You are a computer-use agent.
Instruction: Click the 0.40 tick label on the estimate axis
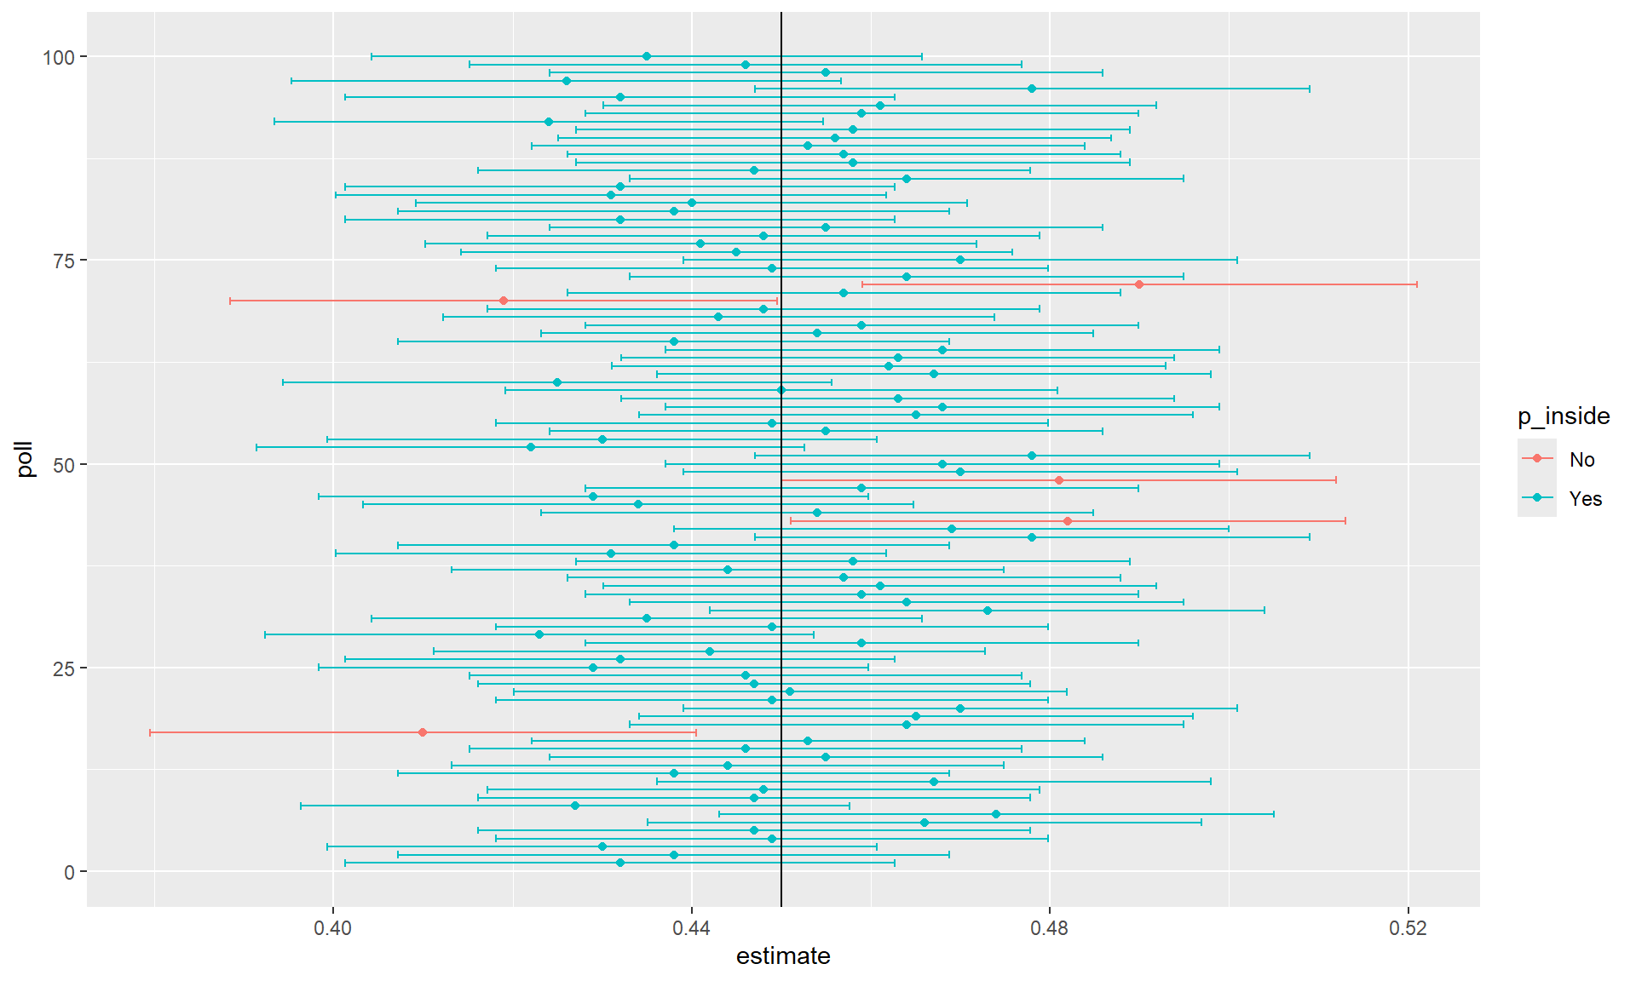pos(332,927)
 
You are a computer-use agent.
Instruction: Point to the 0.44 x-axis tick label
pos(691,927)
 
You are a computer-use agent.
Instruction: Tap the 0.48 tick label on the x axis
pos(1049,927)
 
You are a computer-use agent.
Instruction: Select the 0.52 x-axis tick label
pos(1408,927)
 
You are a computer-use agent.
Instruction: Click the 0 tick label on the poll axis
pos(70,872)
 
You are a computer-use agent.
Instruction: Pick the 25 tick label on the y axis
pos(64,668)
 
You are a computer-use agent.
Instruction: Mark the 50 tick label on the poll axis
pos(64,465)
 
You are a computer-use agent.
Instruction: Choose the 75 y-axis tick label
pos(64,261)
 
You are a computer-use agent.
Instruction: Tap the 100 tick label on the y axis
pos(59,57)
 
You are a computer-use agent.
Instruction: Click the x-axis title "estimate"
pos(783,956)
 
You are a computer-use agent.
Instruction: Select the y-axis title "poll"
pos(26,459)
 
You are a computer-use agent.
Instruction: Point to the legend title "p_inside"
pos(1564,416)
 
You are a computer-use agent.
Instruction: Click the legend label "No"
pos(1581,460)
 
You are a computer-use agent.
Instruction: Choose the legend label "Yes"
pos(1585,499)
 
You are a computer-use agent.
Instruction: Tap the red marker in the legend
pos(1537,458)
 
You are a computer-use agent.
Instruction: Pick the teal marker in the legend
pos(1537,498)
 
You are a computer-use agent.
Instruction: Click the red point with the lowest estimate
pos(423,732)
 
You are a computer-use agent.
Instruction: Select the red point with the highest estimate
pos(1139,284)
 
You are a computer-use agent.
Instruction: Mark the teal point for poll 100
pos(647,56)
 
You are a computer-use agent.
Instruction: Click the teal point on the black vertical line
pos(781,390)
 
